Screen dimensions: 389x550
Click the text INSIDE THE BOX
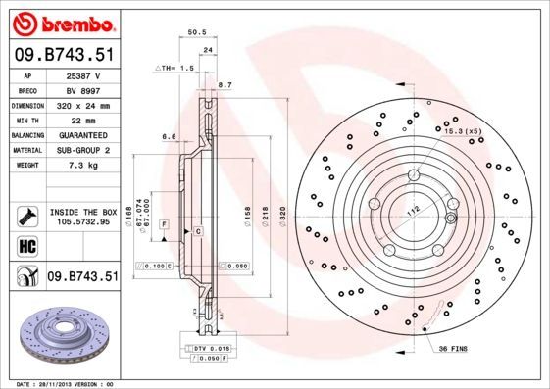coord(83,212)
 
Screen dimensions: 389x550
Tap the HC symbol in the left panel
coord(26,245)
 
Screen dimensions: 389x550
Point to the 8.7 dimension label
coord(225,86)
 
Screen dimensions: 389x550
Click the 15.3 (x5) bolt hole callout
coord(462,130)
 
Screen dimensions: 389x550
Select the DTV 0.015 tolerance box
coord(205,349)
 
